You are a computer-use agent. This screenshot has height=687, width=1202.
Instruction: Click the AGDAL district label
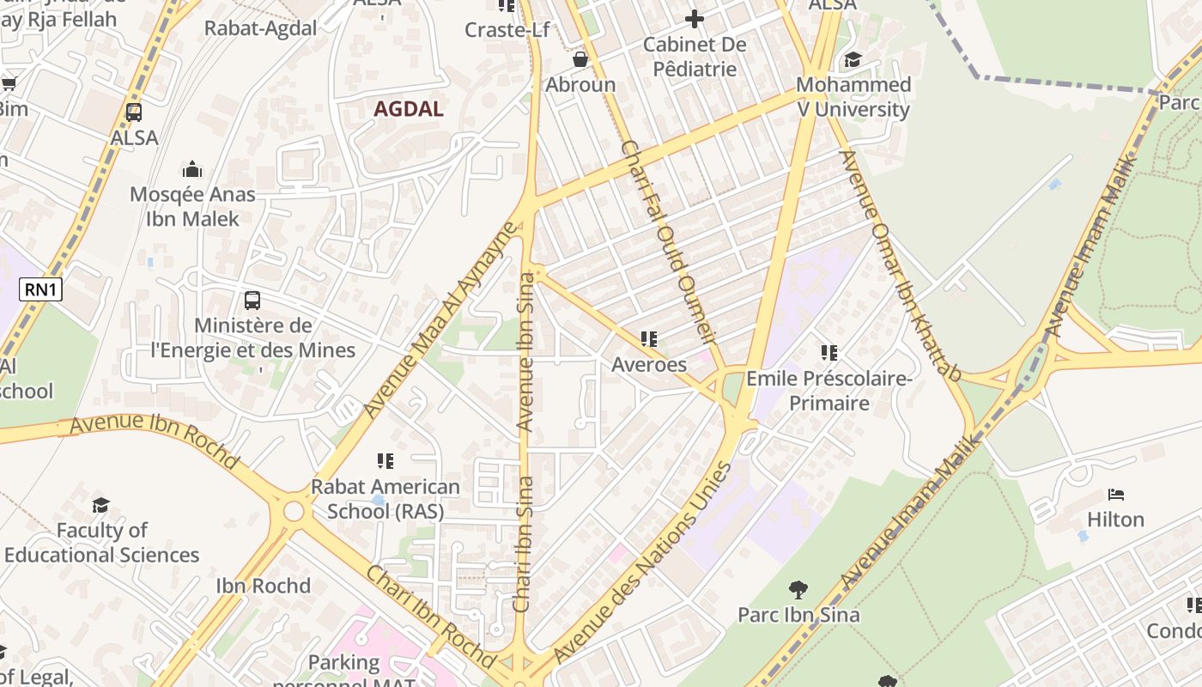409,109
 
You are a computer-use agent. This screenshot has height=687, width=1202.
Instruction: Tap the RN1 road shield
41,289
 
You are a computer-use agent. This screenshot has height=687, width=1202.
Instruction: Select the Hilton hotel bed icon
1115,495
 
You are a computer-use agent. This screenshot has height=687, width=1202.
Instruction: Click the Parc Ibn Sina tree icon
798,589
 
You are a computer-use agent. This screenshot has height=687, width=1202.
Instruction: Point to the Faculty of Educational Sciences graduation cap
101,505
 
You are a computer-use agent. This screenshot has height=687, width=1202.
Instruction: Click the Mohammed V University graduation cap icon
853,59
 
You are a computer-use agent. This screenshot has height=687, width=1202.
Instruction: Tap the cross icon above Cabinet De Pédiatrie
695,18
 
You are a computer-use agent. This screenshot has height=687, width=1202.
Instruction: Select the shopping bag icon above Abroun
580,59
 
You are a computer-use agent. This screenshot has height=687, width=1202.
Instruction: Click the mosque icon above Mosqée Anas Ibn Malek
192,169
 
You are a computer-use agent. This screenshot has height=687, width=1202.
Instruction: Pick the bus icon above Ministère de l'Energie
252,301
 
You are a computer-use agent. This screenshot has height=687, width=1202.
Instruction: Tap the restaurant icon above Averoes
649,339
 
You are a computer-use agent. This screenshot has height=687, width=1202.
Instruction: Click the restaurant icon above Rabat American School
385,461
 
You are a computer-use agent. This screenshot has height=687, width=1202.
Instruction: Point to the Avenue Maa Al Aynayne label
440,319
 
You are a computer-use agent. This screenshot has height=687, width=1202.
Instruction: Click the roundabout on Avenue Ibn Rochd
294,512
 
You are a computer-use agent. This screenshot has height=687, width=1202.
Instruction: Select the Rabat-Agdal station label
260,28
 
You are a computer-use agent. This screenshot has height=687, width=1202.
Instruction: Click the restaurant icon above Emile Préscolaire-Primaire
829,353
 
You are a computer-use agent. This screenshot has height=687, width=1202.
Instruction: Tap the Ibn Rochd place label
263,586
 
